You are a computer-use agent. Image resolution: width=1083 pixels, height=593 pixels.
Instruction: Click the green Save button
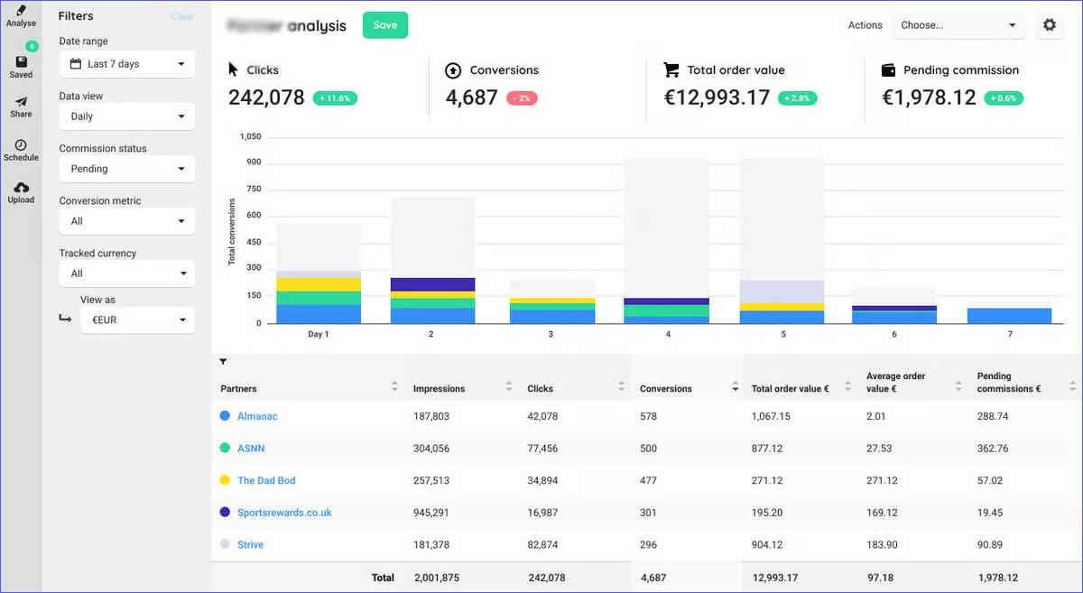[385, 25]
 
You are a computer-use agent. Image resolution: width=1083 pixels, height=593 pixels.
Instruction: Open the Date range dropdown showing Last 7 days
[126, 64]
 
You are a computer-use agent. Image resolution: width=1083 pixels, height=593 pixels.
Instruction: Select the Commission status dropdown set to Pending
[126, 169]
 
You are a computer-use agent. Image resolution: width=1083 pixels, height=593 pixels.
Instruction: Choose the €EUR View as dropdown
[137, 320]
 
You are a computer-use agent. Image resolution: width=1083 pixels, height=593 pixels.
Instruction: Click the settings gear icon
[1050, 25]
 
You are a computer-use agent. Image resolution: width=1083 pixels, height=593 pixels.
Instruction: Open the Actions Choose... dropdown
[958, 25]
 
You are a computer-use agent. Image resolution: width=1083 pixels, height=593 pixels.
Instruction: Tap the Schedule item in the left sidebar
[21, 150]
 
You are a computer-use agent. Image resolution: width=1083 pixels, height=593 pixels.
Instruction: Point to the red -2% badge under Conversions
[522, 98]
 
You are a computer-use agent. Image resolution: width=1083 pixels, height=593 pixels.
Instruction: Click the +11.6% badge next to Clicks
[336, 98]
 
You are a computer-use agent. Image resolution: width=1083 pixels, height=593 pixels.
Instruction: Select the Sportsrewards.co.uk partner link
[284, 513]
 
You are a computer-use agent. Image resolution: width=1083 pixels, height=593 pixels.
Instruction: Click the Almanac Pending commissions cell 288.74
[993, 416]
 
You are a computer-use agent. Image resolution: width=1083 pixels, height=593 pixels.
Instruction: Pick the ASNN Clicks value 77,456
[542, 449]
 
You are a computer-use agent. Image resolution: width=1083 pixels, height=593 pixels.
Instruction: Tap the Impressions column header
[440, 389]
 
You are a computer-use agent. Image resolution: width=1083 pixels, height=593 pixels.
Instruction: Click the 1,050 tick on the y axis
[249, 136]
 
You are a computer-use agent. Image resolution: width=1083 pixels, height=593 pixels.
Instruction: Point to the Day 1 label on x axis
[319, 334]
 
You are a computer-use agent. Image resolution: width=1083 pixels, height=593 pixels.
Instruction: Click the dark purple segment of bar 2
[433, 284]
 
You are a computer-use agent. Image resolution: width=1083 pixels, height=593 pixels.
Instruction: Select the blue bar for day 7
[1009, 316]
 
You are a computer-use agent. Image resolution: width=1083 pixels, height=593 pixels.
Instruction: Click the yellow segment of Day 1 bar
[319, 284]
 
